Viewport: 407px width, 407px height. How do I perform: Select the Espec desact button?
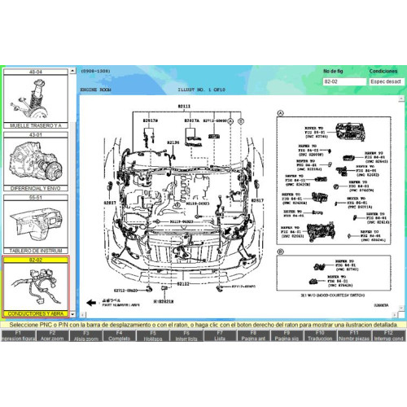pyautogui.click(x=383, y=82)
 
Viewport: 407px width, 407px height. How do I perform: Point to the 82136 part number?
pyautogui.click(x=173, y=142)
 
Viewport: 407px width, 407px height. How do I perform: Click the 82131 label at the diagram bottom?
pyautogui.click(x=184, y=283)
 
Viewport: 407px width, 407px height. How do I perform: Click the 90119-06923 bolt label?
pyautogui.click(x=182, y=221)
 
